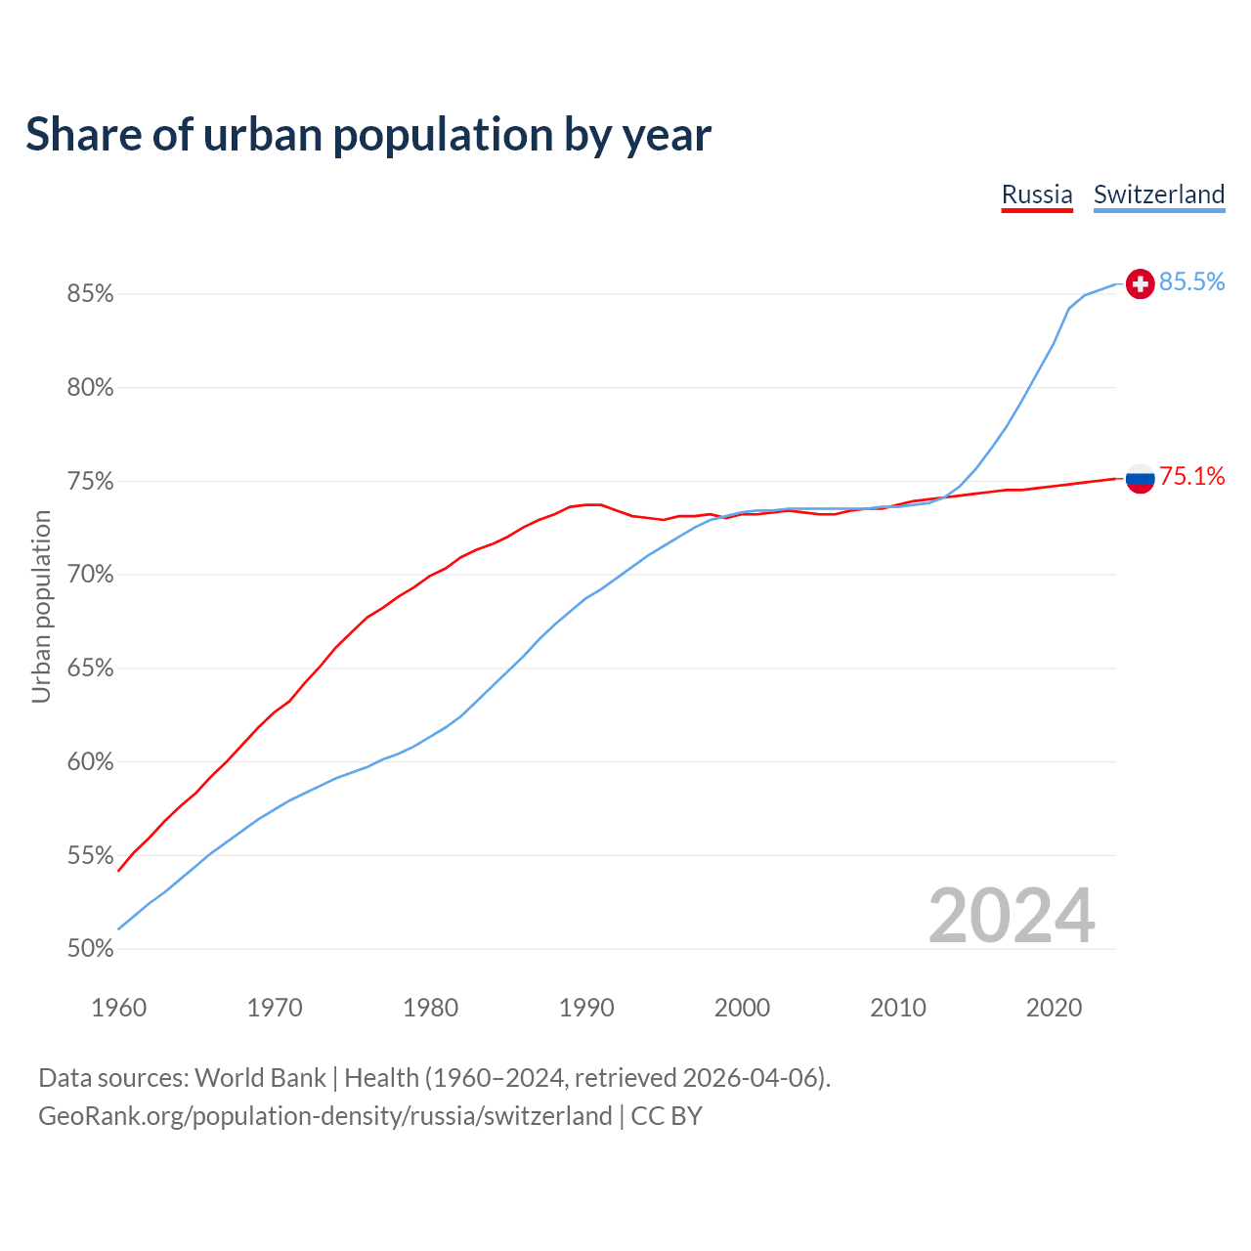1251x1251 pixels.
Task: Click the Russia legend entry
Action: pos(1037,194)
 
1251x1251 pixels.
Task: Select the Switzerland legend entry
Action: pos(1158,194)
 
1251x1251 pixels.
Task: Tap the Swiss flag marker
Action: pos(1140,283)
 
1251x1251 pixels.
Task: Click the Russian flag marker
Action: pos(1140,478)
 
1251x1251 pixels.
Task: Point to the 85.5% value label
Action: pos(1191,282)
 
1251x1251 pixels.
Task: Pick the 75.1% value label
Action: pos(1191,477)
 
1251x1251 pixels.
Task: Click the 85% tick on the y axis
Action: pos(90,294)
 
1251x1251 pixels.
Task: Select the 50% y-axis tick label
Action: pos(90,949)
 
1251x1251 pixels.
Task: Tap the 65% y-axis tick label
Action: pos(90,669)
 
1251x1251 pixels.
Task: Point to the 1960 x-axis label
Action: pos(119,1008)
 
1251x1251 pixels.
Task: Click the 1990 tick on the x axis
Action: pos(586,1008)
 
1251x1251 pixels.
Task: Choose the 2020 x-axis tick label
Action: pos(1054,1008)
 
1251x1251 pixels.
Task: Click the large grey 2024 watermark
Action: pos(1012,916)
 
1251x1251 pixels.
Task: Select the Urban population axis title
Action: pos(41,606)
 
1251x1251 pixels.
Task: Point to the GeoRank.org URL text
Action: pos(324,1116)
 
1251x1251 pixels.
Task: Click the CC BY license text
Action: pos(667,1116)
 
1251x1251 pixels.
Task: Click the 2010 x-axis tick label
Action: pos(898,1008)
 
